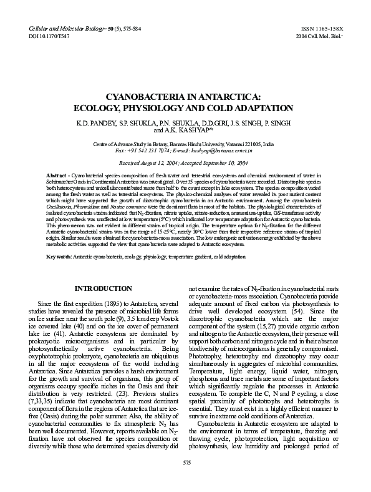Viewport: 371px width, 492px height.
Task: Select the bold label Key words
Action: pyautogui.click(x=59, y=257)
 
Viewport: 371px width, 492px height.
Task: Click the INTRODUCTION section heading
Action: pyautogui.click(x=103, y=289)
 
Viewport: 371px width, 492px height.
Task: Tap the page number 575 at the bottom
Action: pyautogui.click(x=186, y=480)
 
